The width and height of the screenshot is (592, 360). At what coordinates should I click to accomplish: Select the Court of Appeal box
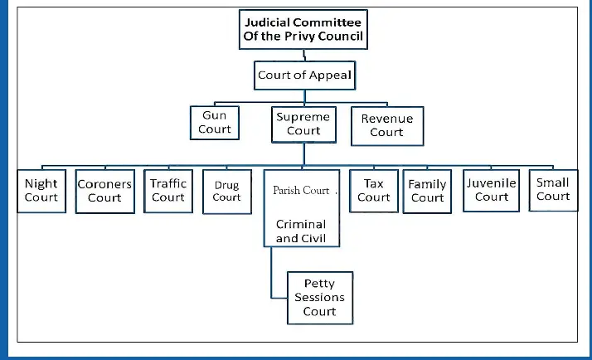tap(304, 75)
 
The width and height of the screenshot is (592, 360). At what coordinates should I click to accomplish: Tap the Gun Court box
tap(215, 122)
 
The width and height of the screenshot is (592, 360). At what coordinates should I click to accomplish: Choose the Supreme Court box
tap(303, 124)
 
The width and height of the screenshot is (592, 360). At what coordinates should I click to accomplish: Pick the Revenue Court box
tap(386, 125)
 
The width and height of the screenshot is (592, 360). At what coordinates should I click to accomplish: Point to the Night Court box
tap(41, 190)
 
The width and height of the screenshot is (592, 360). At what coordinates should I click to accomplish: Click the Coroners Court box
tap(104, 191)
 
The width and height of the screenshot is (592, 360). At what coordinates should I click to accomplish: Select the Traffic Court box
tap(168, 190)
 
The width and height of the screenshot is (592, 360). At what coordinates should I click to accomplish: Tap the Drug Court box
tap(226, 192)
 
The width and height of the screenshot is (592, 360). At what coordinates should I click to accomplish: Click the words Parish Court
tap(301, 191)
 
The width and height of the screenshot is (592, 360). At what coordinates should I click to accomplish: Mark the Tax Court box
tap(374, 190)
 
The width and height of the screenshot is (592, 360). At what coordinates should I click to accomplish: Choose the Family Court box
tap(427, 191)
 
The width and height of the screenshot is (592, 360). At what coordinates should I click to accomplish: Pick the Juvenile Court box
tap(492, 190)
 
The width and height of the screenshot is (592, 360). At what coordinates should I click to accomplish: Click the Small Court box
tap(553, 189)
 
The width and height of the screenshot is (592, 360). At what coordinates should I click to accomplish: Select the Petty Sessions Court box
tap(319, 297)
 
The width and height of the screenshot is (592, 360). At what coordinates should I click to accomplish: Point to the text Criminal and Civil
tap(301, 231)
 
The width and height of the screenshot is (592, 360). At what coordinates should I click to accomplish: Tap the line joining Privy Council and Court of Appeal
tap(305, 56)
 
